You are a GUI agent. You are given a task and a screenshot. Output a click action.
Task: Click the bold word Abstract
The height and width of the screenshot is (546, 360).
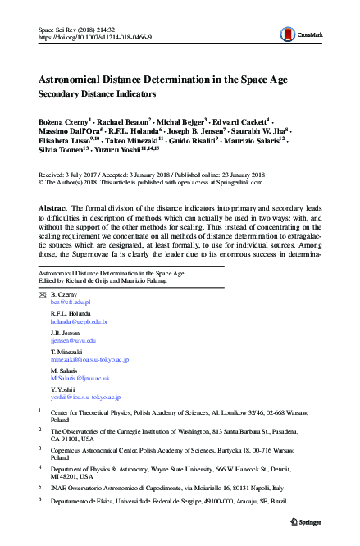pyautogui.click(x=53, y=209)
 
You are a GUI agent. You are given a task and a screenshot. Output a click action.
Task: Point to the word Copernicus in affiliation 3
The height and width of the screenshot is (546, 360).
pyautogui.click(x=67, y=450)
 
